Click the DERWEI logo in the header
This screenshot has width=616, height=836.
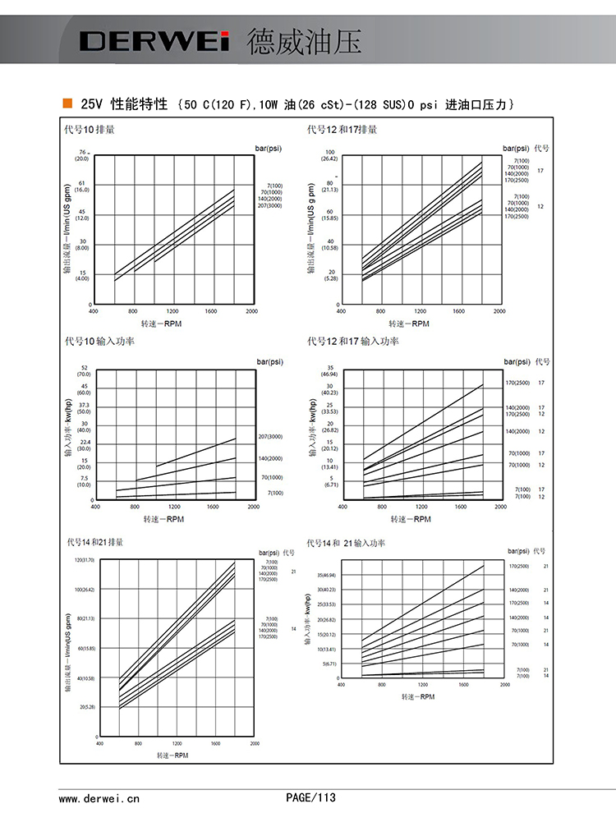154,41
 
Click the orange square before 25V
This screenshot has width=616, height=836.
67,103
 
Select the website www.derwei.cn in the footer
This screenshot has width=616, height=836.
99,797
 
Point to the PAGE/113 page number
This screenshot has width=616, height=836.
310,797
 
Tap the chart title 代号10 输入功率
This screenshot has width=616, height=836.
99,341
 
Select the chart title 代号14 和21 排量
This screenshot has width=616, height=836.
94,543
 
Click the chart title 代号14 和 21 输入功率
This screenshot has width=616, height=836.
345,543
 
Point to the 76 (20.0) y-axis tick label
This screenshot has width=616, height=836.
82,155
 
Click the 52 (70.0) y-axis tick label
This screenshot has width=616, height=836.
84,371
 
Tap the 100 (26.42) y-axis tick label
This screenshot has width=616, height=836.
329,155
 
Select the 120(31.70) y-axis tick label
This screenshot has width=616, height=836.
85,560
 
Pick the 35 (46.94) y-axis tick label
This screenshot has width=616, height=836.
329,370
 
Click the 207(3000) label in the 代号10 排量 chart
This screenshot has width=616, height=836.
270,204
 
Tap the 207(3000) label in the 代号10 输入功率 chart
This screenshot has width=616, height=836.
270,436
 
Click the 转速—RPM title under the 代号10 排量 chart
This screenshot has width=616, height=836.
162,324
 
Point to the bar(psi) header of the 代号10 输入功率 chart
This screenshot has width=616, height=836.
269,361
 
